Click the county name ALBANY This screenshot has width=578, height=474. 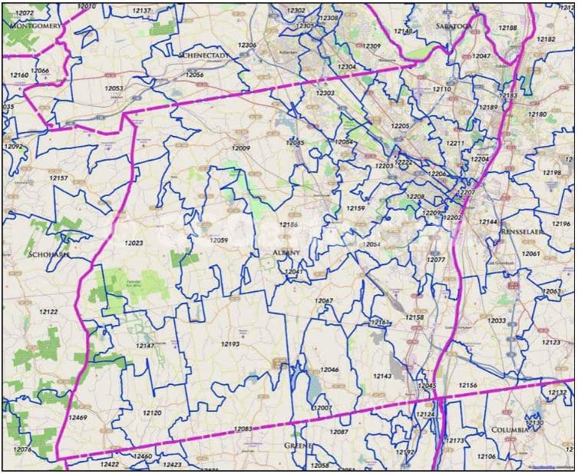[286, 252]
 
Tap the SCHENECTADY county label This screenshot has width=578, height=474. [201, 55]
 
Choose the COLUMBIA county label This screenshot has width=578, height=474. [511, 430]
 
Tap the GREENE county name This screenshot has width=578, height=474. [298, 445]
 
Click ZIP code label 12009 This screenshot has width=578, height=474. [241, 148]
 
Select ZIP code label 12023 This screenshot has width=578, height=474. [134, 243]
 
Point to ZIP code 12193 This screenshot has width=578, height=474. [230, 343]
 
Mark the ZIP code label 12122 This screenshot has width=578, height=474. [48, 311]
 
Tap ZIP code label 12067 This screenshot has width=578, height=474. [324, 300]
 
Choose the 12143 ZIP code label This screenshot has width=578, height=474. [382, 376]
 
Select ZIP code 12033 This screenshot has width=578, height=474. [496, 320]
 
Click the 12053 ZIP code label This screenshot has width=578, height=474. [114, 88]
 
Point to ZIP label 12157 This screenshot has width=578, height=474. [58, 177]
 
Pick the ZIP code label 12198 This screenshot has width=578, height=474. [551, 172]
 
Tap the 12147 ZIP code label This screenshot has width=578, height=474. [145, 346]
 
